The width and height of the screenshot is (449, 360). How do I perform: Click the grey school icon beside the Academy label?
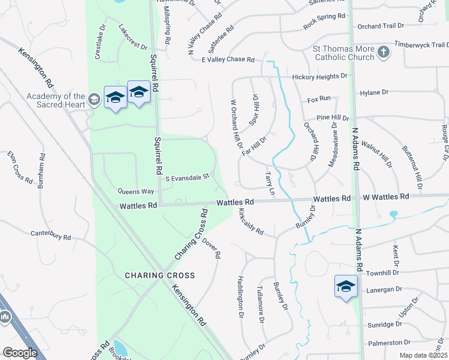point(94,99)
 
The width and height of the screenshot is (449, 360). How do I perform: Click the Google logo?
point(20,353)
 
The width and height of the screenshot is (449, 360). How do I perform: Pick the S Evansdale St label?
point(187,177)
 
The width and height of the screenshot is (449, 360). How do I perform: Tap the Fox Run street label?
point(319,98)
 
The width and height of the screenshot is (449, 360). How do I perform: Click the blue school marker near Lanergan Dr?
point(346,286)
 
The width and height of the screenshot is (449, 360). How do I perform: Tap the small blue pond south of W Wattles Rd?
point(393,214)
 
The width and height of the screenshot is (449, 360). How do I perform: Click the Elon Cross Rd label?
point(19,166)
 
